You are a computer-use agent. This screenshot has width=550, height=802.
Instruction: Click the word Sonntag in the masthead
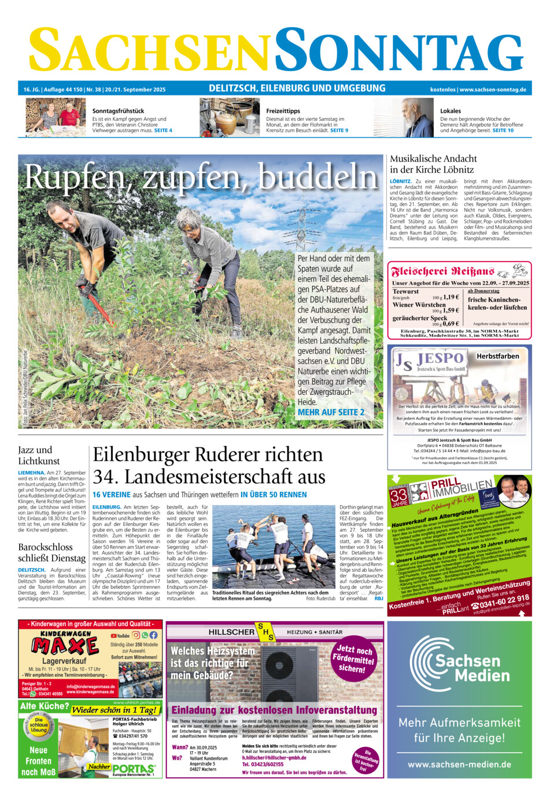399,50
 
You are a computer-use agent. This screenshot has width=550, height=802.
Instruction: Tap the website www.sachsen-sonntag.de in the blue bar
492,90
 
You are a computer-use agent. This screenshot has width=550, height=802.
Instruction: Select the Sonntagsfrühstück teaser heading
118,111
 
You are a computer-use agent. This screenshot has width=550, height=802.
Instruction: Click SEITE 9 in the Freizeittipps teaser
339,131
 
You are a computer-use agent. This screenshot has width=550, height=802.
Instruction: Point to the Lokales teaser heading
451,111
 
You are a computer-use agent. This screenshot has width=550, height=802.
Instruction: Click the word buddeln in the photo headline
318,176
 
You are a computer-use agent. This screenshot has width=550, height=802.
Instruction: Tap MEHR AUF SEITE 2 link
331,413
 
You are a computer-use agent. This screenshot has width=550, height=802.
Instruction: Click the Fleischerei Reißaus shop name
442,271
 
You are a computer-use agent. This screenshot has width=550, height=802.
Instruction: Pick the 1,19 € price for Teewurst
451,297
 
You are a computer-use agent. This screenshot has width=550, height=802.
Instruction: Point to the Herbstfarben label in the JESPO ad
497,356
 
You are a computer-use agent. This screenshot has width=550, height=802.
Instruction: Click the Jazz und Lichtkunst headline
39,455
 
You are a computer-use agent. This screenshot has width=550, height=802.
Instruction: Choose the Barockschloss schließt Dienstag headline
51,553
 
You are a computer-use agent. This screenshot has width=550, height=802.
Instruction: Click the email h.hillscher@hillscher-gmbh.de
274,757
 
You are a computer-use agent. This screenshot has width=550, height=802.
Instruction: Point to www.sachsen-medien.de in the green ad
459,764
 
